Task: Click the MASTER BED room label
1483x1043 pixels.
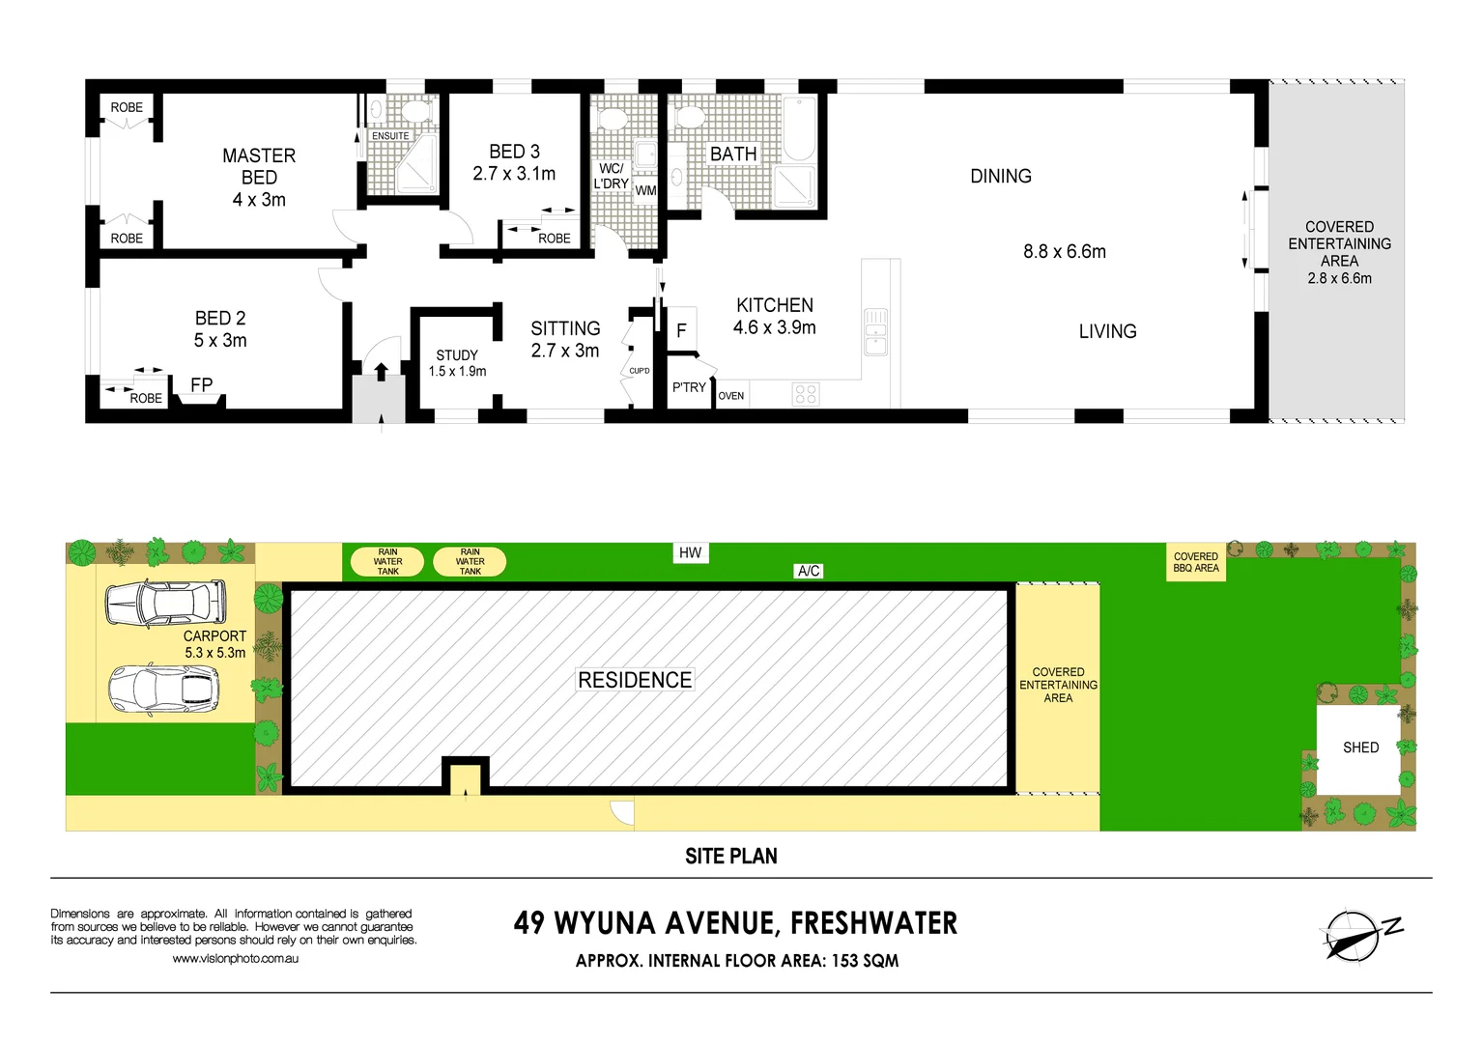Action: (x=259, y=166)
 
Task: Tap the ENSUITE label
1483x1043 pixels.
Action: (x=390, y=136)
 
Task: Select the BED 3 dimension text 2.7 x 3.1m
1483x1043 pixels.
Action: (x=514, y=174)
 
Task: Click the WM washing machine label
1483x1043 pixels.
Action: (x=645, y=190)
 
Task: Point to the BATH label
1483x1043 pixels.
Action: (x=733, y=155)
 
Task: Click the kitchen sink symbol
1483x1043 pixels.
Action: (x=875, y=331)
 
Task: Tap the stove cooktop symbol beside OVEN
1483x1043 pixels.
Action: (x=806, y=394)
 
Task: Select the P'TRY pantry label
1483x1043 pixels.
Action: (x=689, y=387)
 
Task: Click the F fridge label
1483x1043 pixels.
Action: (x=681, y=331)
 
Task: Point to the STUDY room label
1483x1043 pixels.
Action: (x=457, y=355)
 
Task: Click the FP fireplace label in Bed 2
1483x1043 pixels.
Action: (x=201, y=385)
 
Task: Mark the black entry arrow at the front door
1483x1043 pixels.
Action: (x=381, y=372)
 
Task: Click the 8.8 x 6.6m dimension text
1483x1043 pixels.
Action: (x=1065, y=252)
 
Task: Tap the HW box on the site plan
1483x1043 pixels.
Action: (x=690, y=552)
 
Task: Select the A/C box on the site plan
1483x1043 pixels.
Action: (x=809, y=571)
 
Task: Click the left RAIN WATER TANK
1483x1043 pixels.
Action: (x=387, y=562)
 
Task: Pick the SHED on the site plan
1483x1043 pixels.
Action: (x=1360, y=748)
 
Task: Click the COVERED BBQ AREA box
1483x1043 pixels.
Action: (x=1196, y=562)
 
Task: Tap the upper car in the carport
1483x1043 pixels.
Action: (x=165, y=603)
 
